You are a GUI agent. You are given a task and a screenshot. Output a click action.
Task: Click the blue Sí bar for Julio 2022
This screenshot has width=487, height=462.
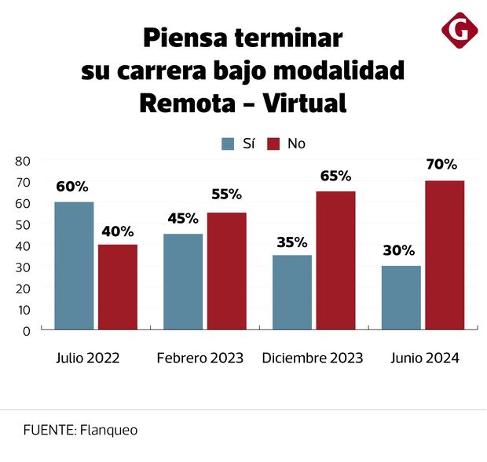pyautogui.click(x=74, y=265)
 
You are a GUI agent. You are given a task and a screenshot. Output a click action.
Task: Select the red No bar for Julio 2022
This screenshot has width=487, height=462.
pyautogui.click(x=118, y=286)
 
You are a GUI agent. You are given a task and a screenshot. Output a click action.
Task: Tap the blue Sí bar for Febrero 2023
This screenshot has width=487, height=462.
pyautogui.click(x=183, y=281)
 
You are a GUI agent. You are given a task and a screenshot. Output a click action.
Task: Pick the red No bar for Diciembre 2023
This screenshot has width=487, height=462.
pyautogui.click(x=335, y=260)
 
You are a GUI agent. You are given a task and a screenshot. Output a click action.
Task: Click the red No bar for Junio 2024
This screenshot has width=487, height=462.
pyautogui.click(x=445, y=254)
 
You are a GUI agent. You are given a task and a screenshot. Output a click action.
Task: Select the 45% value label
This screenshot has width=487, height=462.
pyautogui.click(x=182, y=218)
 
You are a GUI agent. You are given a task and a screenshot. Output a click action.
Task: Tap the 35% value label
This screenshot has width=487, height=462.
pyautogui.click(x=291, y=242)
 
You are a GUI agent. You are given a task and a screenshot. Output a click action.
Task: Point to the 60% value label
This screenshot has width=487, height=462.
pyautogui.click(x=72, y=187)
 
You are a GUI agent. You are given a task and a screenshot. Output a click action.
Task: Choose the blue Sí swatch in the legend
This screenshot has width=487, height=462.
pyautogui.click(x=229, y=144)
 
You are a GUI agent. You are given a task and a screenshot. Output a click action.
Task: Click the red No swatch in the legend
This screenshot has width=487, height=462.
pyautogui.click(x=274, y=144)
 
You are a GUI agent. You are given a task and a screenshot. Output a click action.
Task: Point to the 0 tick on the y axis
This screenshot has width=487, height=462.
pyautogui.click(x=26, y=330)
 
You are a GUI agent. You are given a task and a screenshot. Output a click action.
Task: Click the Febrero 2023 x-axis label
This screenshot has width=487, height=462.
pyautogui.click(x=200, y=358)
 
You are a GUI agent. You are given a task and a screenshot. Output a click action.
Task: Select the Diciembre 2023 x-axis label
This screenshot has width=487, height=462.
pyautogui.click(x=313, y=358)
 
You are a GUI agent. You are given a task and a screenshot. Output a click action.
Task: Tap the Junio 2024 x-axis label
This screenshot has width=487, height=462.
pyautogui.click(x=425, y=358)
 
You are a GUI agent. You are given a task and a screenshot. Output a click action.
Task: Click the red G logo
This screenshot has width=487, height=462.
pyautogui.click(x=460, y=31)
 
